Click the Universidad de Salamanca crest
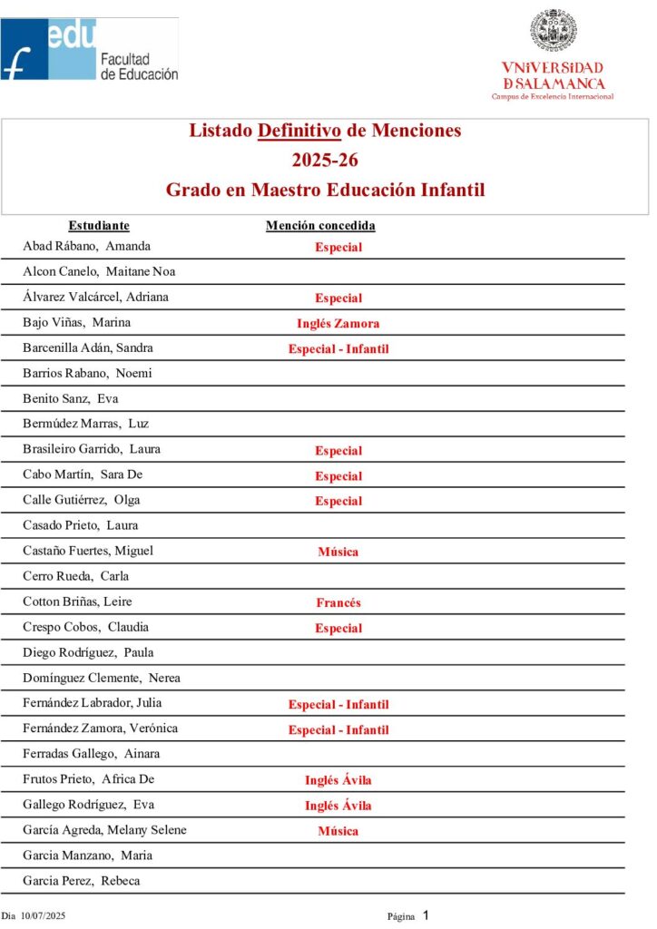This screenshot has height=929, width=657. tap(553, 32)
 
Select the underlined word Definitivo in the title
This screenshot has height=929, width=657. tap(299, 131)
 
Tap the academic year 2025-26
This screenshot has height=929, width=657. tap(325, 161)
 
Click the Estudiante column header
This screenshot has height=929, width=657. tap(99, 226)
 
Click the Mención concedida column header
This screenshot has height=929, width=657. tap(320, 226)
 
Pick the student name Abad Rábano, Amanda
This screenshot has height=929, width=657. tap(87, 246)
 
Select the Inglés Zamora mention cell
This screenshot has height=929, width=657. tap(338, 323)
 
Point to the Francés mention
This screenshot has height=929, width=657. tap(338, 602)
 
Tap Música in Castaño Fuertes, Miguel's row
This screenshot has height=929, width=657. tap(338, 552)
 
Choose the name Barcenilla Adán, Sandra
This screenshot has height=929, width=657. tap(88, 347)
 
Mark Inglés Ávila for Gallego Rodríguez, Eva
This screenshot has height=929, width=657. tap(338, 806)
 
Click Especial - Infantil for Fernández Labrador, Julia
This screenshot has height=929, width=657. tap(338, 704)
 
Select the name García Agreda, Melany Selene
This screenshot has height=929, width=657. tap(104, 830)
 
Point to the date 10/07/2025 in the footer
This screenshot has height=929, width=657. tap(46, 916)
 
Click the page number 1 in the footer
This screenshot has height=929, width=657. tap(425, 915)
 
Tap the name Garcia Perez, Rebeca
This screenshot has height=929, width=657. tap(82, 881)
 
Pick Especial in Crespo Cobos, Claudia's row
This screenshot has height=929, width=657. tap(338, 628)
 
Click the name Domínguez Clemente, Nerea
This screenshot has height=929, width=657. tap(102, 678)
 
